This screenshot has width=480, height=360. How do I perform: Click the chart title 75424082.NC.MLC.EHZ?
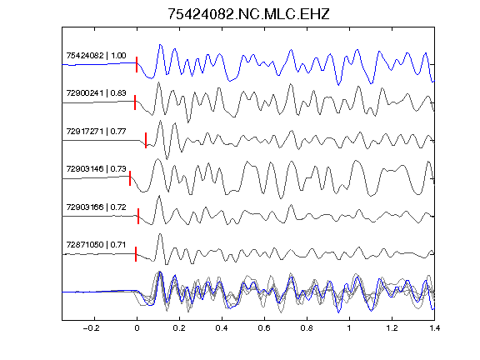248,14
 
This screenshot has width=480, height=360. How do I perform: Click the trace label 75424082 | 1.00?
96,55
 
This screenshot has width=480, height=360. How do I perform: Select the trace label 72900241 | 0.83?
96,93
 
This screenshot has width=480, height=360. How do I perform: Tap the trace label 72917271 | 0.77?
96,132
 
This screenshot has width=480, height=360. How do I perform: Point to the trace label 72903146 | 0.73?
96,168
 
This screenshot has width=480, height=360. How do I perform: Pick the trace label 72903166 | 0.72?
96,207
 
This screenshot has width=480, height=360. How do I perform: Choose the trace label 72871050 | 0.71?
96,245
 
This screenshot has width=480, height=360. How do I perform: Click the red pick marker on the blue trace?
137,65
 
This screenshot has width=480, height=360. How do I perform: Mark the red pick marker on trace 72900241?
135,102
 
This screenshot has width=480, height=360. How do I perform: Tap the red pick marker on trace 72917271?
146,141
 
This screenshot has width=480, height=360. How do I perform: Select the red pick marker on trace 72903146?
130,178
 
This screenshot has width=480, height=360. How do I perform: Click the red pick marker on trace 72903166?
138,216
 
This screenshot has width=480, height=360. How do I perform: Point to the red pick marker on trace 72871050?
136,254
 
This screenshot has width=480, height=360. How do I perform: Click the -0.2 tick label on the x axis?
92,328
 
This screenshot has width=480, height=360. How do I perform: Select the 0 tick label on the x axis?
137,328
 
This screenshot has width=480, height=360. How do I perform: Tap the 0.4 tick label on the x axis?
222,328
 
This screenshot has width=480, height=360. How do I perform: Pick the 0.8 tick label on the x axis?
307,328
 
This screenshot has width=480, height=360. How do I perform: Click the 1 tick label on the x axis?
349,328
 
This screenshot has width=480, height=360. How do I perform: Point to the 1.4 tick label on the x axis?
434,328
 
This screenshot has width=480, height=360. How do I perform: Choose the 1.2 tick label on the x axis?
392,328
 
